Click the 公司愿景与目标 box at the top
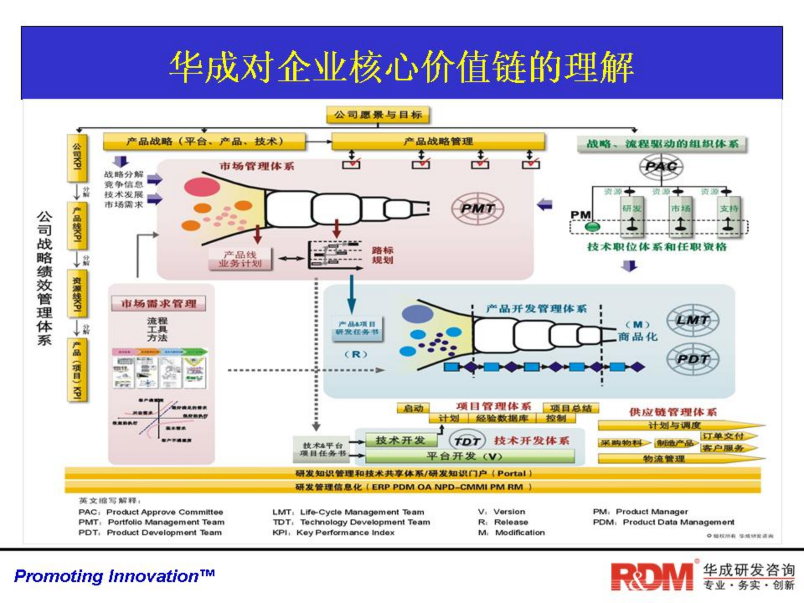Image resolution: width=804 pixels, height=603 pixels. coord(378,115)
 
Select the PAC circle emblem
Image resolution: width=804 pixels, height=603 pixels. coord(661,167)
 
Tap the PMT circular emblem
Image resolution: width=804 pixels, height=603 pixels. coord(477,209)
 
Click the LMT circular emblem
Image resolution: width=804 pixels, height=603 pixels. coord(693,320)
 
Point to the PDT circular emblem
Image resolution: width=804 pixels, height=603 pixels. coord(693,359)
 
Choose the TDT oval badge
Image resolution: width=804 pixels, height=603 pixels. coord(467,441)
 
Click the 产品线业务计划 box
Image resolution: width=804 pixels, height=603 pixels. coord(240,259)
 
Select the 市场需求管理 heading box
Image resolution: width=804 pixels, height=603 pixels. coord(158,303)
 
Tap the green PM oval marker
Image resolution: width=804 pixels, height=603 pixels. coord(592,227)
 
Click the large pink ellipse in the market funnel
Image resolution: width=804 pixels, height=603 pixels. coord(201,187)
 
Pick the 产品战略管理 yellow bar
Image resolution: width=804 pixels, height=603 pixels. coord(438,142)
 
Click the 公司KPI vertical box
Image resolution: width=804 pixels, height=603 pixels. coord(77,157)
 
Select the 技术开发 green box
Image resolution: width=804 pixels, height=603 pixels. coord(401,440)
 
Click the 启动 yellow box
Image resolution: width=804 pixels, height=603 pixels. coord(413,408)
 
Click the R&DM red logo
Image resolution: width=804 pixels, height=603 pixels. coord(652,577)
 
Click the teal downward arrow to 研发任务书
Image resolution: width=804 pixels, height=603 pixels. coord(352,295)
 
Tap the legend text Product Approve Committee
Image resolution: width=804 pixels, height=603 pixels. coord(165,512)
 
